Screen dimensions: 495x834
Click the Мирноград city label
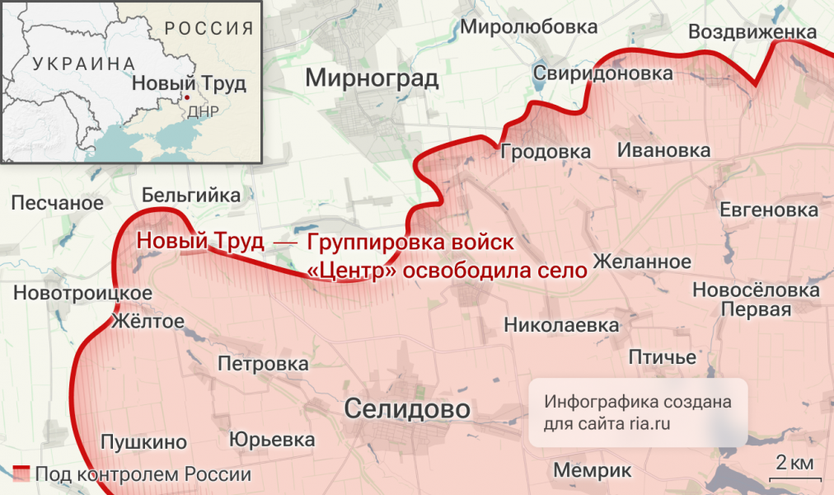[372, 78]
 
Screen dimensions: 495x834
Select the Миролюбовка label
[528, 26]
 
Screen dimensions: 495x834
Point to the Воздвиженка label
[752, 31]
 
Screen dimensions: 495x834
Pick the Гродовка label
[545, 152]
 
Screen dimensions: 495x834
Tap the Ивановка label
[663, 151]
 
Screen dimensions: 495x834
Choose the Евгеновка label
[769, 210]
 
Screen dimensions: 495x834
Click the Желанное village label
[642, 262]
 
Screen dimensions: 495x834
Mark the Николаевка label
[561, 325]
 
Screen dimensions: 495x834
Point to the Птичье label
[663, 357]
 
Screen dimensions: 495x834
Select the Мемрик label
[586, 470]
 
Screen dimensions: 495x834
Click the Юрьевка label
[272, 440]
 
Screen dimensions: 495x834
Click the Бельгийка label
[191, 196]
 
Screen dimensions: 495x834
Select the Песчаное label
[58, 202]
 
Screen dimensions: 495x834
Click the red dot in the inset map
[187, 97]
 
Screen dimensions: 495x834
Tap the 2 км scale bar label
[794, 461]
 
